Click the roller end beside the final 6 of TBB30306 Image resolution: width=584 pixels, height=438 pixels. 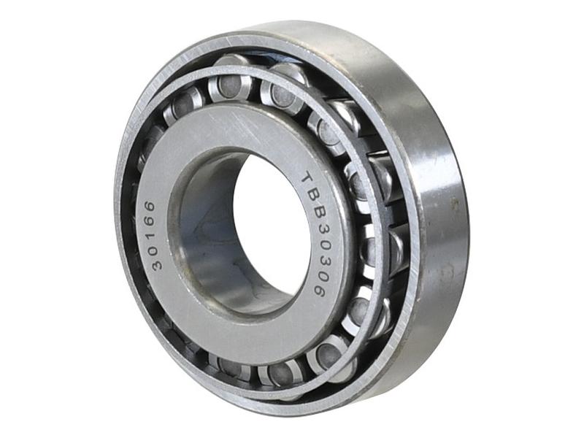(x=359, y=307)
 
